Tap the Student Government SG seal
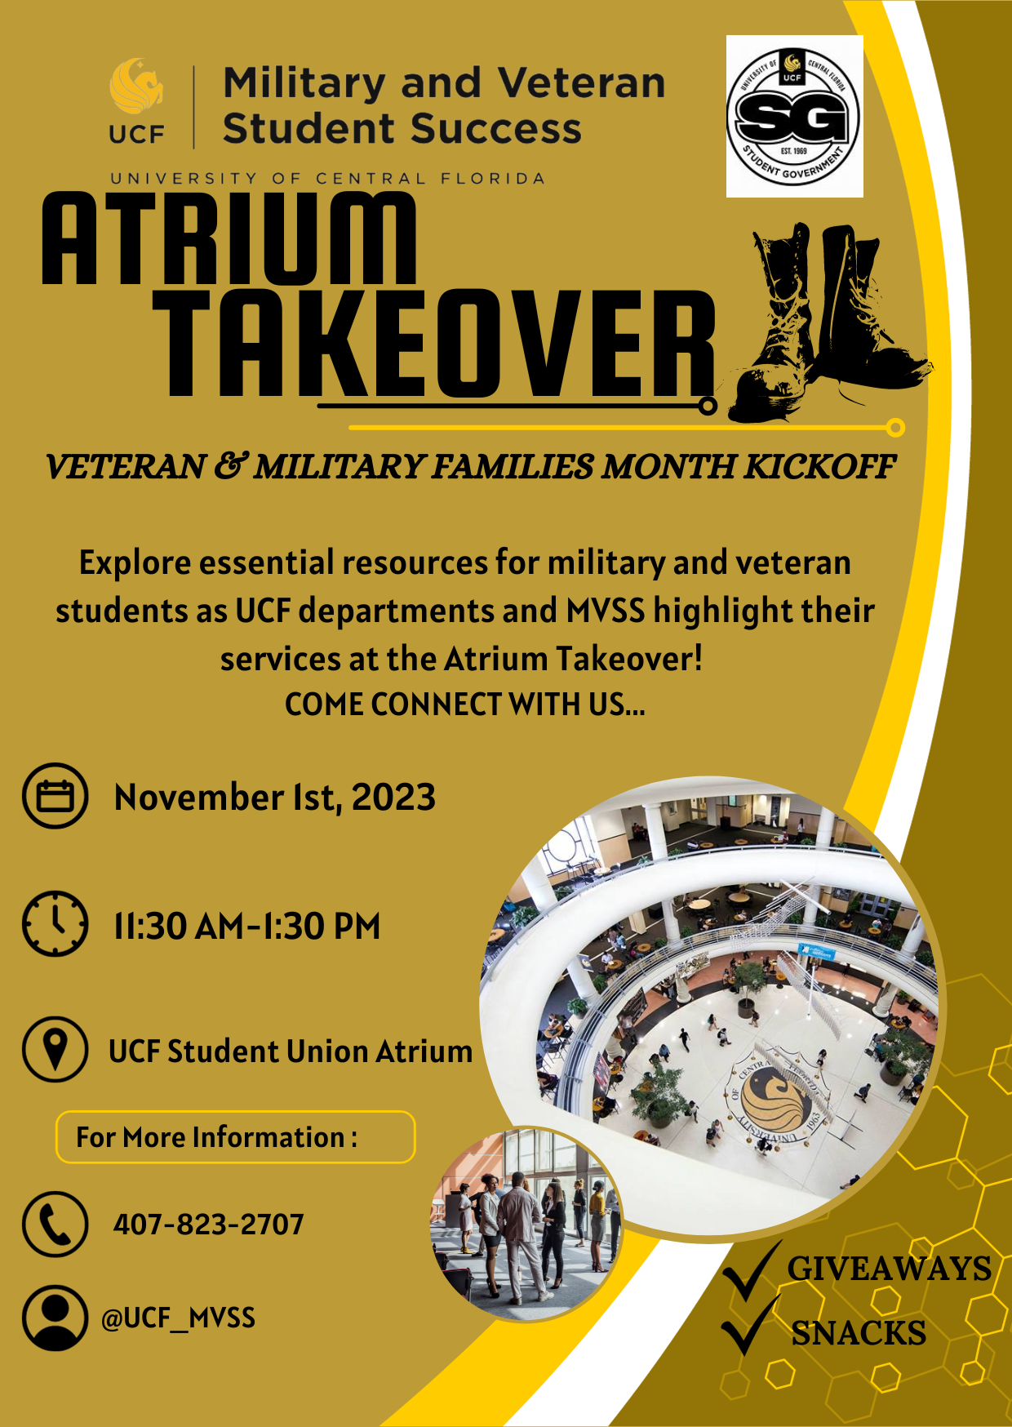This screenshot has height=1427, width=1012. point(794,116)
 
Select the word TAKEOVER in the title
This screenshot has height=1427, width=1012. point(433,344)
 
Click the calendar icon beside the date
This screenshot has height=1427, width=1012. point(55,796)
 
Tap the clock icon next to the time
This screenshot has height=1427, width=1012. point(55,924)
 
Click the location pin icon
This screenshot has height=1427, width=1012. point(55,1049)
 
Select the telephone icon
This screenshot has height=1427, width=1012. point(55,1224)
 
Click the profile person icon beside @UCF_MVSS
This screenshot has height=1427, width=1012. point(55,1318)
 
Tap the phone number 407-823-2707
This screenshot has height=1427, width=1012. point(208,1225)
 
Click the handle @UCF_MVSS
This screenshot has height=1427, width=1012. point(178,1318)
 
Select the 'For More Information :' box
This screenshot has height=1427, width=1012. point(235,1136)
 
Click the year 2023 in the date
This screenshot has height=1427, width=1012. point(393,797)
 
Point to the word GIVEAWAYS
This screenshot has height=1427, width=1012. point(889,1269)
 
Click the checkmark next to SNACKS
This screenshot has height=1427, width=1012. point(749,1327)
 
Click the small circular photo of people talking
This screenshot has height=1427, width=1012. point(526,1225)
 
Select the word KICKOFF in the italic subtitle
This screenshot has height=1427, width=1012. point(819,467)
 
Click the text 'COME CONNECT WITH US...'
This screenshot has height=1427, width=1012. point(465,705)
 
